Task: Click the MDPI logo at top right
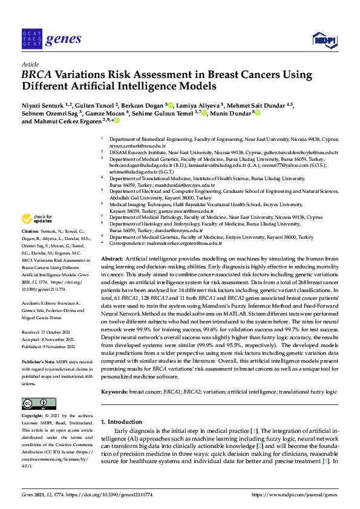click(x=325, y=41)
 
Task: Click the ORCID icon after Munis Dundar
click(x=258, y=112)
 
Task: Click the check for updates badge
click(x=36, y=218)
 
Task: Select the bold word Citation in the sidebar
click(x=30, y=232)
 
